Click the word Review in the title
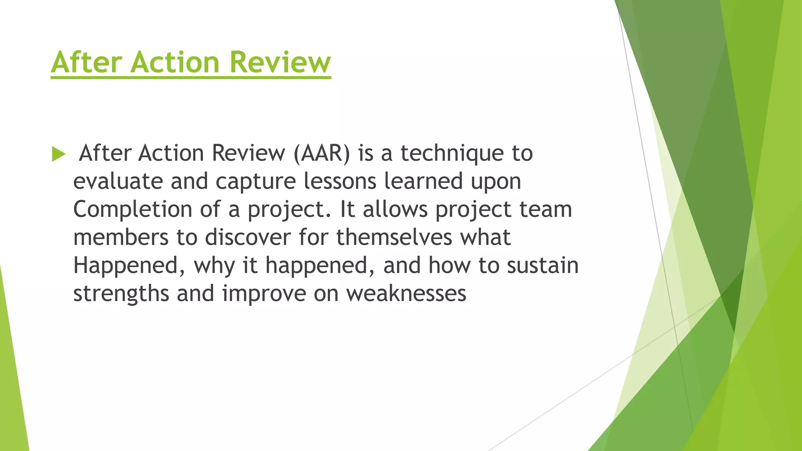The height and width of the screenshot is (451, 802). point(280,62)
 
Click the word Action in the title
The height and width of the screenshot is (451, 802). point(175,62)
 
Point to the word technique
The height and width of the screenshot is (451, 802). point(452,154)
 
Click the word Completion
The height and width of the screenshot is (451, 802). point(132,210)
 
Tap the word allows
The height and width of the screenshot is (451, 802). point(395,209)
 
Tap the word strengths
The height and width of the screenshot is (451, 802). point(121,294)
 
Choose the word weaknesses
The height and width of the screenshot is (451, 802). point(406,294)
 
